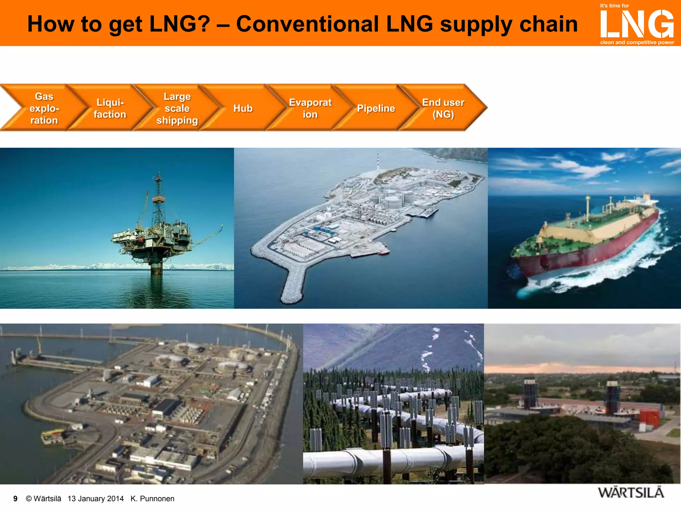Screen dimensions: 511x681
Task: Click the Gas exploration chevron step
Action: click(44, 108)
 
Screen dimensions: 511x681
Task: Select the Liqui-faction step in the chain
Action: click(110, 108)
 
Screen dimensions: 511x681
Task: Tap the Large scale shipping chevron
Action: click(177, 108)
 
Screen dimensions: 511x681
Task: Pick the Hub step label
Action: click(243, 108)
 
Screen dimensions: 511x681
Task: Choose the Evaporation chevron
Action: click(310, 108)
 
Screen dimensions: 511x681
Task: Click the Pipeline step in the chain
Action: click(376, 108)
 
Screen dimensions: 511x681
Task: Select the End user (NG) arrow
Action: click(443, 108)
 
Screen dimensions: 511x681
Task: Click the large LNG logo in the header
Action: click(636, 24)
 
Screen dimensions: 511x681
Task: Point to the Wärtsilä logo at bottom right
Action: click(631, 493)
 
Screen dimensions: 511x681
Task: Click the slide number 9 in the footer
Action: click(15, 499)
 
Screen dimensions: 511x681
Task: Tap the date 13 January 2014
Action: click(95, 499)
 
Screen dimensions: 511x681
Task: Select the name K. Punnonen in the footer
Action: click(152, 499)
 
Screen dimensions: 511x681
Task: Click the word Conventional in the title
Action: click(307, 24)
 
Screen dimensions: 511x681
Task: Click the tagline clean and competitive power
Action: click(637, 42)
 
